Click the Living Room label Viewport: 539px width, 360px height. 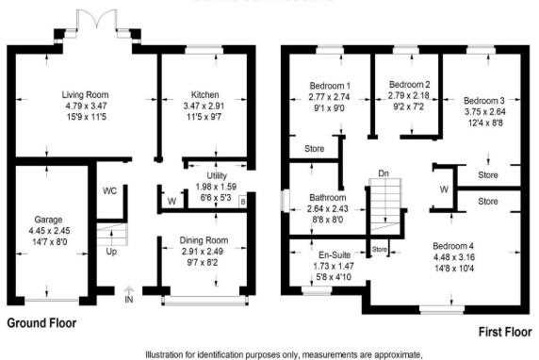coord(85,94)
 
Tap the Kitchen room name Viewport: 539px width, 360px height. coord(204,94)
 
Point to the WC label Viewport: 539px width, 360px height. coord(109,190)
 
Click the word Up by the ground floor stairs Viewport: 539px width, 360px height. coord(111,252)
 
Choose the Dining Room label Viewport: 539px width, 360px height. coord(204,240)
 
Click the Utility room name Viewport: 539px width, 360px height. coord(217,175)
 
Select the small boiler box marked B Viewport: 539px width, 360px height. coord(243,203)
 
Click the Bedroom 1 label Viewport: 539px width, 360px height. coord(330,86)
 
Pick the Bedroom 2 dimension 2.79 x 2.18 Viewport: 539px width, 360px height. coord(409,95)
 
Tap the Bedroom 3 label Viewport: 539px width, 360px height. coord(484,101)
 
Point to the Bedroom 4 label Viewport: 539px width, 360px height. coord(453,246)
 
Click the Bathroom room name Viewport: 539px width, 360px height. coord(328,197)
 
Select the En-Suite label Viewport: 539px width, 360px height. coord(335,254)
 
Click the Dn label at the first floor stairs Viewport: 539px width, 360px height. coord(384,173)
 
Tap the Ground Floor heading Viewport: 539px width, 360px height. coord(41,323)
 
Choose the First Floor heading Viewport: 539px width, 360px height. coord(505,332)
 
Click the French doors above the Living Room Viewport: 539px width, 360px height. coord(97,19)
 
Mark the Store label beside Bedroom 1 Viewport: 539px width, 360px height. coord(314,149)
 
